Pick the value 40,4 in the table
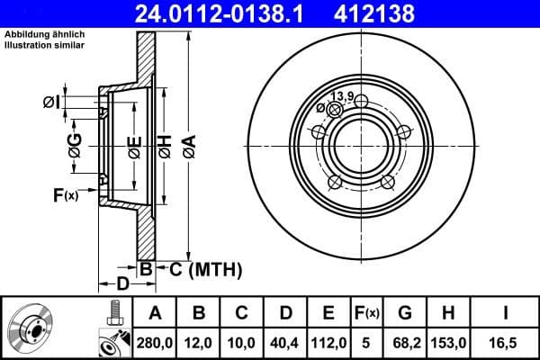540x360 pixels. click(286, 343)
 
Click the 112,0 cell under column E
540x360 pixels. click(328, 343)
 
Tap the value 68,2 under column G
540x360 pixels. click(405, 343)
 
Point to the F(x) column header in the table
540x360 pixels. click(366, 313)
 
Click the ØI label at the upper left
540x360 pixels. click(51, 103)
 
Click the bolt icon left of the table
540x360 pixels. click(113, 315)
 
